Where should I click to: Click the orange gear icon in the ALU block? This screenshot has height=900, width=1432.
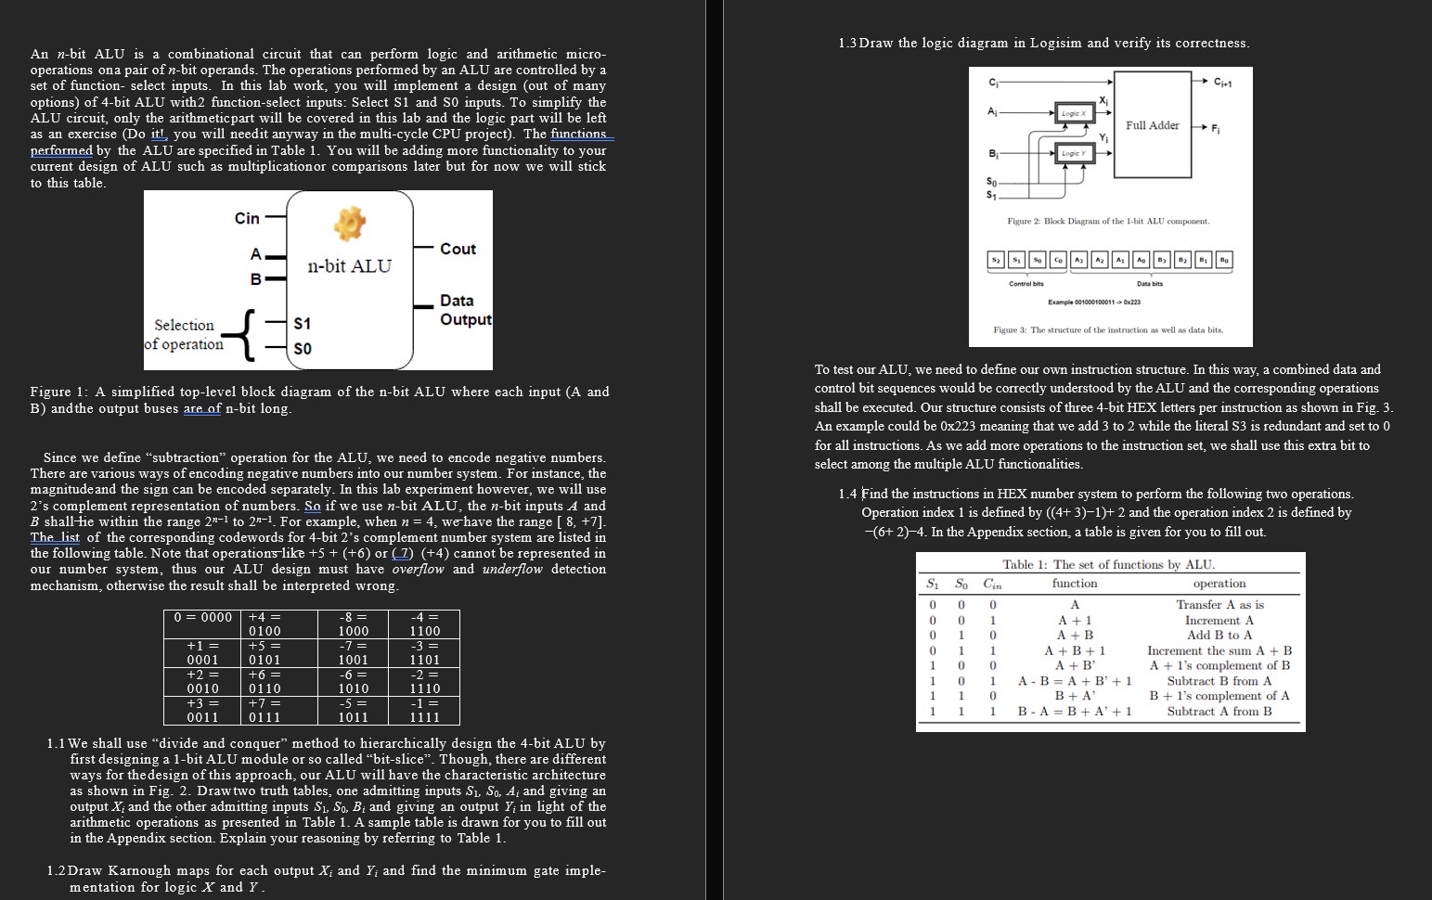coord(350,222)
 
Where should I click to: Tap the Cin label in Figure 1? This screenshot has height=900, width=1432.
coord(247,218)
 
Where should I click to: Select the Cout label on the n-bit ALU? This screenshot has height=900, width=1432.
coord(458,249)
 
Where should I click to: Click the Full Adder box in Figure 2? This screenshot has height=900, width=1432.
coord(1153,125)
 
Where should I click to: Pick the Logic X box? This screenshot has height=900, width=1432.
coord(1073,112)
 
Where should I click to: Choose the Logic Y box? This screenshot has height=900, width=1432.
coord(1073,153)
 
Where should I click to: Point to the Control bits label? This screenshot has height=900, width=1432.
coord(1026,284)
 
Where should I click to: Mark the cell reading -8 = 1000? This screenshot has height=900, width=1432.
coord(353,624)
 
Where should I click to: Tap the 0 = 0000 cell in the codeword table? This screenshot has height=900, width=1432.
coord(203,617)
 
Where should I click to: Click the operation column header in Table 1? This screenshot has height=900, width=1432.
coord(1219,584)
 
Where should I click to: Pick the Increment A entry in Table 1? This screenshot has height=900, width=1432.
coord(1219,621)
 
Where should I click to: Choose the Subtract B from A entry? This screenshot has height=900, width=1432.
coord(1219,681)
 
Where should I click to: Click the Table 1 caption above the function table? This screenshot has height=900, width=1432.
coord(1108,564)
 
